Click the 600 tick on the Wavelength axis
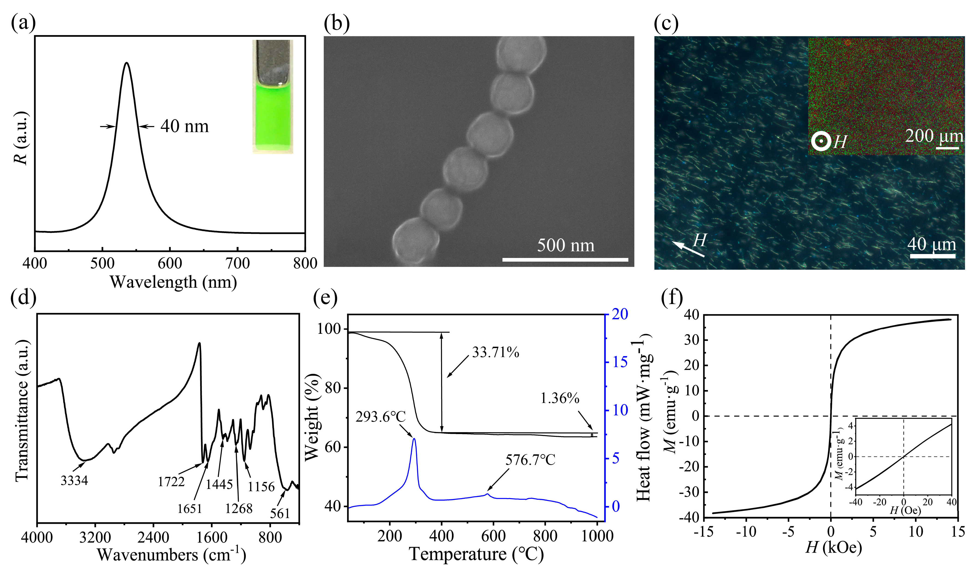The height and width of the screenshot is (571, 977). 170,263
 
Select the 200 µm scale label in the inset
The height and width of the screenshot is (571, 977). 934,136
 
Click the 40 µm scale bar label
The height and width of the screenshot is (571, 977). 932,244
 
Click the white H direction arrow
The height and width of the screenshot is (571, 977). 688,249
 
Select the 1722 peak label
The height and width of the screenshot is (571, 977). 171,482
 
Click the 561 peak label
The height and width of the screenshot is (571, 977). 280,514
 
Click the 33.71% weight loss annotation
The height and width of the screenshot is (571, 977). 496,352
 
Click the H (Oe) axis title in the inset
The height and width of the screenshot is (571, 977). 905,510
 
